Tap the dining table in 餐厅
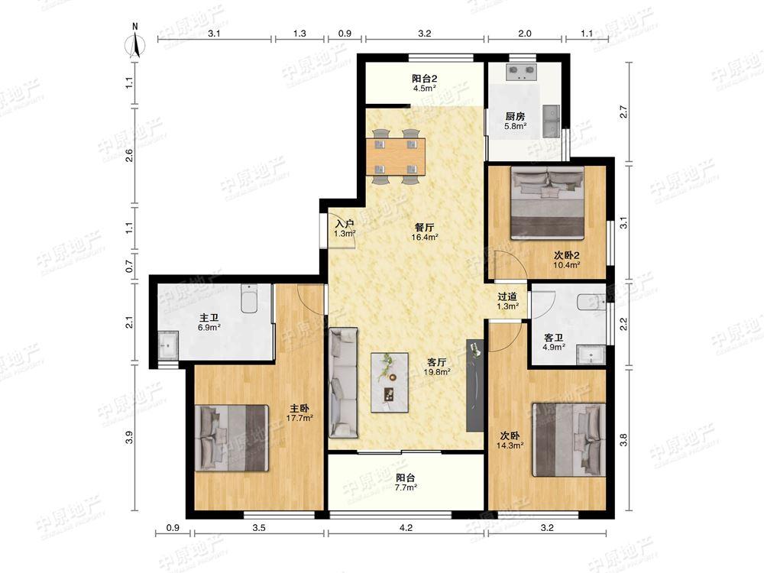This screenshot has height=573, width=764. [x=396, y=157]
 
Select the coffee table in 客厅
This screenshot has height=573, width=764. [x=390, y=383]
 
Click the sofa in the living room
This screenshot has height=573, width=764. [x=344, y=383]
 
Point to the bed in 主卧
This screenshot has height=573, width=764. [x=231, y=438]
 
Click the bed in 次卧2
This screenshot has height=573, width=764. [x=547, y=202]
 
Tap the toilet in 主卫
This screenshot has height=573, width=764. [x=250, y=298]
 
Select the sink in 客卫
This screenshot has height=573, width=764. [x=591, y=354]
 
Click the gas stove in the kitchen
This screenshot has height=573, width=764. [x=522, y=72]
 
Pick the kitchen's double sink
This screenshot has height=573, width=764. [x=551, y=121]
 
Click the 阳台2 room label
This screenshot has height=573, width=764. [x=424, y=79]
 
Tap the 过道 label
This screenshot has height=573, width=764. [x=507, y=296]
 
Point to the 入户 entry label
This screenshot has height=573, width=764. [x=345, y=224]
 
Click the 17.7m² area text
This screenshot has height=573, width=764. [x=299, y=418]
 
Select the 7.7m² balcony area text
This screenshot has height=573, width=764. [x=406, y=487]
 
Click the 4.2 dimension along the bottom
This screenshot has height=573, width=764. [x=406, y=527]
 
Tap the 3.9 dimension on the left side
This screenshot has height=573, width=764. [x=129, y=438]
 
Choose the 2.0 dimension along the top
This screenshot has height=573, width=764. [x=525, y=34]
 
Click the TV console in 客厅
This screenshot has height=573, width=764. [x=474, y=385]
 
